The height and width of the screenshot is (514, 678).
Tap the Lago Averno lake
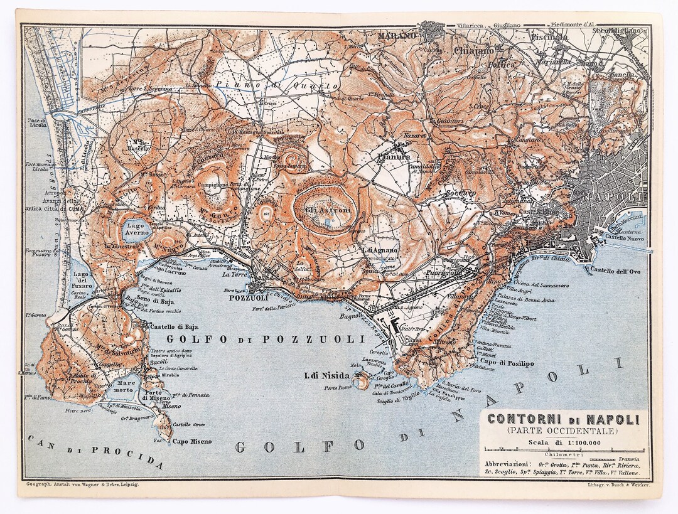click(x=136, y=230)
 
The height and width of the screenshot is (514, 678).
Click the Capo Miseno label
click(x=192, y=441)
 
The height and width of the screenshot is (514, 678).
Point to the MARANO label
click(x=397, y=36)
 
